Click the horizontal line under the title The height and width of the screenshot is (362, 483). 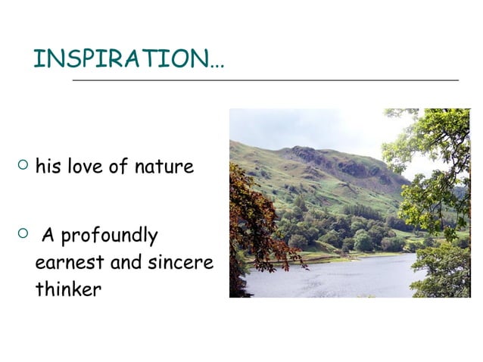click(265, 80)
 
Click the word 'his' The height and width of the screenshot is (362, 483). click(48, 166)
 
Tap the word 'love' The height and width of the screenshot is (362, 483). click(84, 166)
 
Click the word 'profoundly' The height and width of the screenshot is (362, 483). click(109, 237)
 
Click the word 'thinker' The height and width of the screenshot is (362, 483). click(68, 289)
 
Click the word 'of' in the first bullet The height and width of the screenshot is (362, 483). click(118, 166)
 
